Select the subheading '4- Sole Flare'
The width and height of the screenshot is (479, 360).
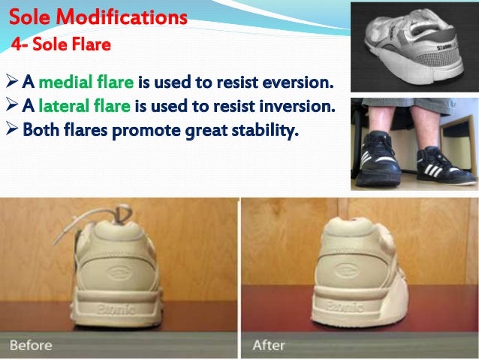61,45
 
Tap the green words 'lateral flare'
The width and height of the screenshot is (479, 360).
74,106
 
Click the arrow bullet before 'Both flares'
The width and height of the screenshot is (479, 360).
11,131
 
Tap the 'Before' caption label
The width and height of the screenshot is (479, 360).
31,345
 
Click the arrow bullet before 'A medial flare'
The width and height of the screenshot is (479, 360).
11,81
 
